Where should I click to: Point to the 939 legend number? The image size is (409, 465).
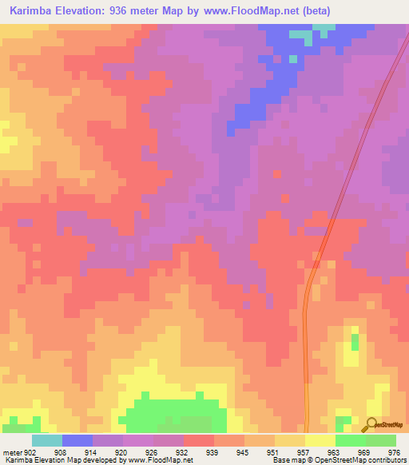(x=212, y=452)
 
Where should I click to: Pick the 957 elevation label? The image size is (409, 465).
(x=304, y=452)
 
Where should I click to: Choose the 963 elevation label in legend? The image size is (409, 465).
(x=334, y=452)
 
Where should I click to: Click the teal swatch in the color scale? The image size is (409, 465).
(x=46, y=440)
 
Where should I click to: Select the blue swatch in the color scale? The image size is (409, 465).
(x=77, y=440)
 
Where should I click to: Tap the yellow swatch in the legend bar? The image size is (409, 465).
(x=320, y=440)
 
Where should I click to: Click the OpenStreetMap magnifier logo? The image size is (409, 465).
(x=371, y=424)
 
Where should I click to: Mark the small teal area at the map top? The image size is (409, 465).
(x=301, y=37)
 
